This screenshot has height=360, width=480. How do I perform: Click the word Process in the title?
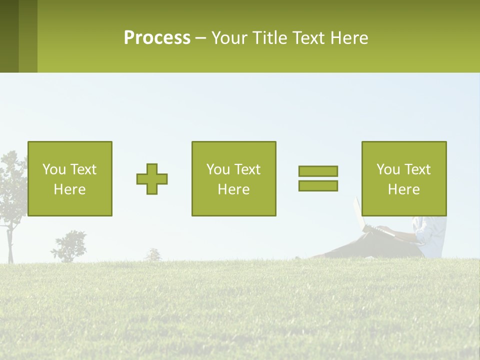157,38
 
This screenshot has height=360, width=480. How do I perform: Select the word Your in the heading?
228,38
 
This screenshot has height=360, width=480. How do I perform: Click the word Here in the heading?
349,38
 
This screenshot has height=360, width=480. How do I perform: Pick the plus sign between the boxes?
152,179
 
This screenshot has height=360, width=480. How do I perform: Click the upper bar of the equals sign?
318,171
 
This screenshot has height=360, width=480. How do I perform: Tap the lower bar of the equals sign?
318,185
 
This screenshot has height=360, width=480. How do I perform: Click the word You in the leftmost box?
53,169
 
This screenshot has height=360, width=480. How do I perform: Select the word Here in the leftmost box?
69,189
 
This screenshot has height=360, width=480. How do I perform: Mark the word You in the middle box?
217,169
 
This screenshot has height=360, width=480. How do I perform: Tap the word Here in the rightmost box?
403,189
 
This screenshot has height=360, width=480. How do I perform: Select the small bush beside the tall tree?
70,246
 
